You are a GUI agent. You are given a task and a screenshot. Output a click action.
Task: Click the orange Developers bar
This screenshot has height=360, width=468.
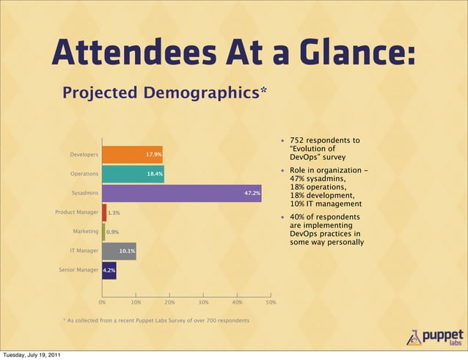click(132, 155)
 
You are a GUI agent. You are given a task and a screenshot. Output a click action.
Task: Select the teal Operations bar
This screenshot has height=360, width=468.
click(133, 174)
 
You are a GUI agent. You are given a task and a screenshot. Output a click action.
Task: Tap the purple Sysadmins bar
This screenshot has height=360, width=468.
click(181, 194)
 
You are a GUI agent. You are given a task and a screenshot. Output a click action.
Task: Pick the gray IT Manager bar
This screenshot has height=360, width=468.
click(119, 251)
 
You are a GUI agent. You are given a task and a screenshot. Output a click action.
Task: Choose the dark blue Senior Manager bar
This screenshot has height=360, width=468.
click(109, 271)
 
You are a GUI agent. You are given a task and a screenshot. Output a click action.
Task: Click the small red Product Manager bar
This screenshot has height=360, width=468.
click(104, 213)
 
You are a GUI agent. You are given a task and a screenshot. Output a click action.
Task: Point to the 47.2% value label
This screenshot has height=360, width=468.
click(252, 194)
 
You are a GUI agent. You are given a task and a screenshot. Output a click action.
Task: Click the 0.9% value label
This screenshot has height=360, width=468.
click(113, 232)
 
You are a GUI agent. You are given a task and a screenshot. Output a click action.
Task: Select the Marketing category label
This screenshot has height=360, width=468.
click(86, 232)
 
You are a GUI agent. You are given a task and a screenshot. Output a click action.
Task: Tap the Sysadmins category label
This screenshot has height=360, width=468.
click(84, 194)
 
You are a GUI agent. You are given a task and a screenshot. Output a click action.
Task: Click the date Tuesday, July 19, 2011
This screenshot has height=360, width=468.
click(30, 356)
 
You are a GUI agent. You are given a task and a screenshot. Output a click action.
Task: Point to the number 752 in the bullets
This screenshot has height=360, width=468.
click(298, 140)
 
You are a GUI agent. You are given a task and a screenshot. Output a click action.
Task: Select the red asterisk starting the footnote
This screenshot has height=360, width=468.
click(64, 320)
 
